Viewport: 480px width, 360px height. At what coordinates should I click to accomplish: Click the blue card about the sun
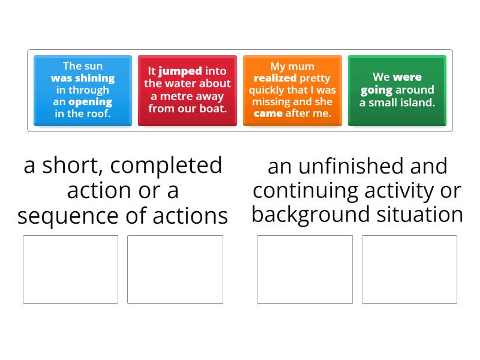click(82, 90)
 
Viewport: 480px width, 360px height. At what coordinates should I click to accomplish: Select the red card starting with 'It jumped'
click(187, 90)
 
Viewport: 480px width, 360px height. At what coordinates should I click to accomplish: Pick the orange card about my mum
click(292, 90)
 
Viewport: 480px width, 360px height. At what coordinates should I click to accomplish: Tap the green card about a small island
click(397, 90)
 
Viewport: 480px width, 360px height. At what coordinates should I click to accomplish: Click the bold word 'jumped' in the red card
click(180, 71)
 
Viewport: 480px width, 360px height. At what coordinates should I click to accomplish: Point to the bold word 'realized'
click(275, 78)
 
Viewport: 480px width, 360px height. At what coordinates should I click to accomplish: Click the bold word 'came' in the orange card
click(268, 113)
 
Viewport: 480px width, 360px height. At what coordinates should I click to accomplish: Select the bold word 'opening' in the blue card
click(91, 101)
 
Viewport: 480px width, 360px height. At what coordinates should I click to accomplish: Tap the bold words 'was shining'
click(82, 78)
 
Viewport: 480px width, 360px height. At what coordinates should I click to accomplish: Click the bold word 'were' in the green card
click(407, 77)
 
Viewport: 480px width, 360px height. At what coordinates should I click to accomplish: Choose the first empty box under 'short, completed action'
click(70, 269)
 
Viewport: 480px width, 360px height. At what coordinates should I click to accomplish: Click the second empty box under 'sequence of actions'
click(175, 269)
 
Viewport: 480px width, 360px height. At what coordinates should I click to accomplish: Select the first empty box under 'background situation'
click(305, 269)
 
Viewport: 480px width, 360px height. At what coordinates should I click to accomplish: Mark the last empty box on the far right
click(409, 269)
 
